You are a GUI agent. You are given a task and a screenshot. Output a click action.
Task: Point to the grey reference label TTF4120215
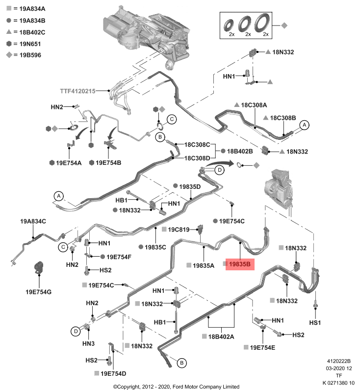coord(78,91)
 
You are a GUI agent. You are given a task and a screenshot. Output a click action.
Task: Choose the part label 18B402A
coord(221,336)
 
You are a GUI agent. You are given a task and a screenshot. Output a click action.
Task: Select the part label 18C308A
coord(254,105)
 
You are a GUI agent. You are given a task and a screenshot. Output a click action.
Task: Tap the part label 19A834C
coord(33,221)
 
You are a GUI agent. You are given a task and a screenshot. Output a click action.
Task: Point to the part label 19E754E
coord(262,347)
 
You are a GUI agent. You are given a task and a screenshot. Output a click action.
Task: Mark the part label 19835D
coord(190,186)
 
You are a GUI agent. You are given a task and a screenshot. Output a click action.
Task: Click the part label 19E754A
coord(68,162)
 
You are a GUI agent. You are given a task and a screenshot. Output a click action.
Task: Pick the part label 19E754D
coord(113,374)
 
